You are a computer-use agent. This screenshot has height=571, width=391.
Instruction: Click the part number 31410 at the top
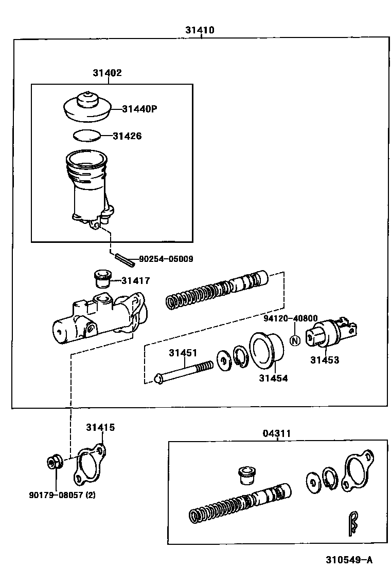tap(200, 30)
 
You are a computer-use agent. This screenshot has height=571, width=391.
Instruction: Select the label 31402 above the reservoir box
tap(107, 73)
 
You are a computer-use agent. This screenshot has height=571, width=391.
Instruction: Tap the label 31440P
tap(139, 109)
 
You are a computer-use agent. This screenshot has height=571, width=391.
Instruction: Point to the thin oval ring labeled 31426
tap(86, 136)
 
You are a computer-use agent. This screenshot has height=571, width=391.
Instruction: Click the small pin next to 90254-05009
tap(126, 260)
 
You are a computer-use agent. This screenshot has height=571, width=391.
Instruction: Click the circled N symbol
tap(295, 340)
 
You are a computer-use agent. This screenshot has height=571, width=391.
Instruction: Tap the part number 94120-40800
tap(291, 318)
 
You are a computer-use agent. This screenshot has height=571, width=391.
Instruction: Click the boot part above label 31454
tap(266, 351)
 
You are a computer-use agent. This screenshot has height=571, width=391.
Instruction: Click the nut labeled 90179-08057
tap(53, 462)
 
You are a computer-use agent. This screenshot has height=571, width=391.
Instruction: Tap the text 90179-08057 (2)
tap(62, 496)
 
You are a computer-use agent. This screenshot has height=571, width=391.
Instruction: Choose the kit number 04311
tap(277, 433)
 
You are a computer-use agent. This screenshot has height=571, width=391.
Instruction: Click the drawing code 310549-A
tap(348, 559)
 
